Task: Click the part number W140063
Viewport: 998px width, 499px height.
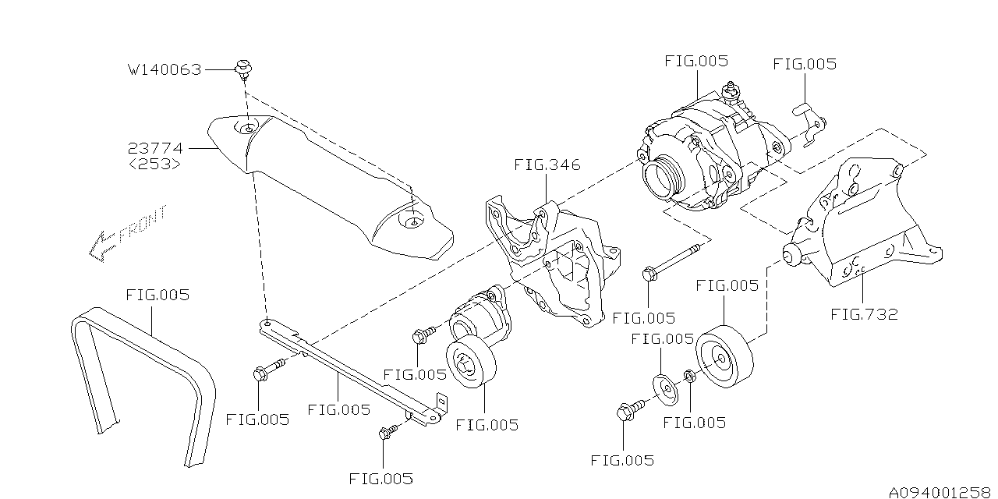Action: (x=165, y=70)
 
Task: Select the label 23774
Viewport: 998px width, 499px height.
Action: (x=155, y=147)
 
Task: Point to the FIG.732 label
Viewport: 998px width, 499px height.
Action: (x=864, y=314)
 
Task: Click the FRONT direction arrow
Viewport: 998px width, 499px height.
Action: (x=129, y=232)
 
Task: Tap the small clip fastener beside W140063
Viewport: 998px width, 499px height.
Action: (x=242, y=68)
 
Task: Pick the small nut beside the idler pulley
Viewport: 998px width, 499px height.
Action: (x=690, y=377)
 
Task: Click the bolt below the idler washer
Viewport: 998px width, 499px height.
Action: (x=629, y=411)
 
